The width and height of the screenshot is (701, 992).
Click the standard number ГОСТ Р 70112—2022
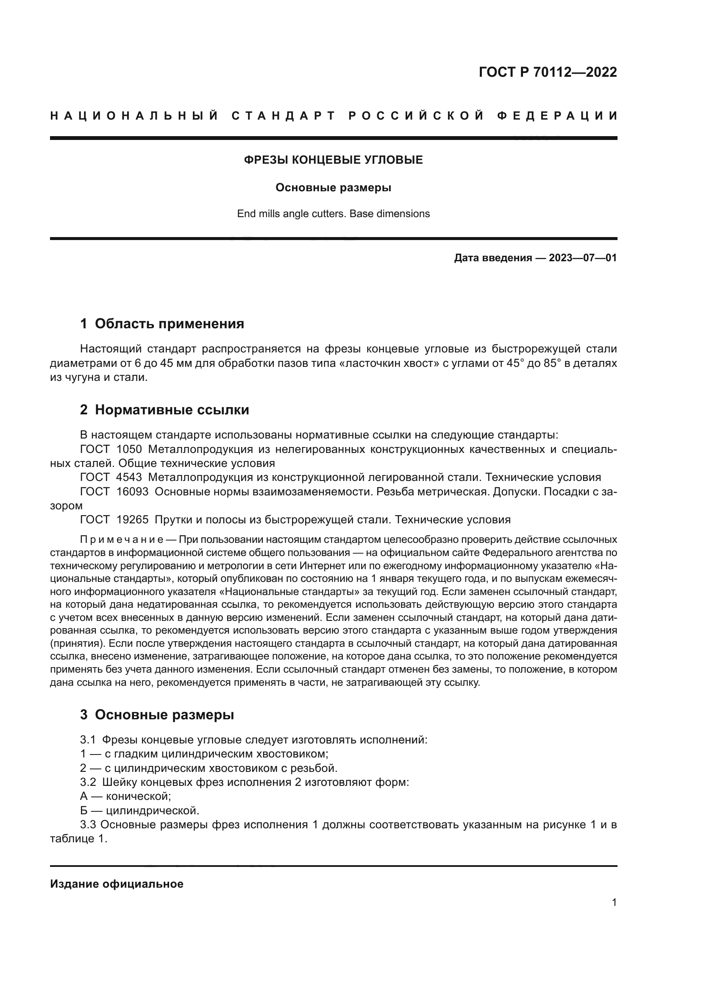click(x=547, y=72)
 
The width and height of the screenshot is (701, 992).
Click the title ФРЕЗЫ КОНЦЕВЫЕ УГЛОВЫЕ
click(x=333, y=160)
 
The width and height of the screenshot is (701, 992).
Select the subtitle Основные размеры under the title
click(x=333, y=188)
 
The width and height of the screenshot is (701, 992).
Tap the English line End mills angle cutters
click(x=333, y=214)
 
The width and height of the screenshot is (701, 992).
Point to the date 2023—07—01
click(x=582, y=258)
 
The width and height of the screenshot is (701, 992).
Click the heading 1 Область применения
click(x=162, y=324)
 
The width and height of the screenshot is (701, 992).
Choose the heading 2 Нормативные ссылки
click(x=164, y=410)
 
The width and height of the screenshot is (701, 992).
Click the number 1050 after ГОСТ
click(x=129, y=449)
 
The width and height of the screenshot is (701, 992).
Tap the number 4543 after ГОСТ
click(x=129, y=478)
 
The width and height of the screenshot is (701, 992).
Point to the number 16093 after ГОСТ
click(x=132, y=492)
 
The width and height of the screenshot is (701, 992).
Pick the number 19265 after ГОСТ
click(x=132, y=520)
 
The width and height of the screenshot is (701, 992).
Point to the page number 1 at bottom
click(x=614, y=903)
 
